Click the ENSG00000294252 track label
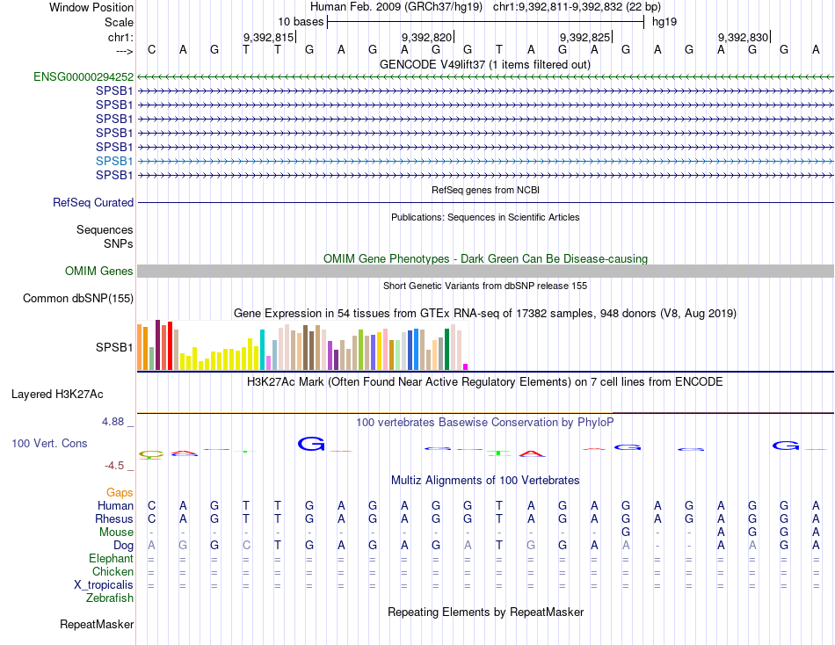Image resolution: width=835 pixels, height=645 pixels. [x=83, y=76]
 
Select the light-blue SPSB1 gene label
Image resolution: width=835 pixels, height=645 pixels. [x=114, y=161]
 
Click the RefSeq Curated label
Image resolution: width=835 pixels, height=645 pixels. [x=93, y=202]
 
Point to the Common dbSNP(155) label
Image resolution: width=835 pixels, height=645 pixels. [x=77, y=299]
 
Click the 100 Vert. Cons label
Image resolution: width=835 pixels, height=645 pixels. [x=49, y=444]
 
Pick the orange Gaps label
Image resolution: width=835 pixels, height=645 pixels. [x=120, y=492]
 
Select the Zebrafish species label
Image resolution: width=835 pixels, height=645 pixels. [x=110, y=598]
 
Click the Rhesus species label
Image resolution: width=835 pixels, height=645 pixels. [x=113, y=518]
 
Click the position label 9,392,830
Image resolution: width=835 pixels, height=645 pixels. [x=744, y=37]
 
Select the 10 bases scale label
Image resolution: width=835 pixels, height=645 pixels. [x=301, y=21]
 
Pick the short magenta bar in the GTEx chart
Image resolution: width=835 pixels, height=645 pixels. [x=465, y=366]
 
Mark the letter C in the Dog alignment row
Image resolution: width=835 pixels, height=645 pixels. [x=246, y=545]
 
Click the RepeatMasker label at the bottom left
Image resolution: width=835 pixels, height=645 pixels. [x=97, y=625]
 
